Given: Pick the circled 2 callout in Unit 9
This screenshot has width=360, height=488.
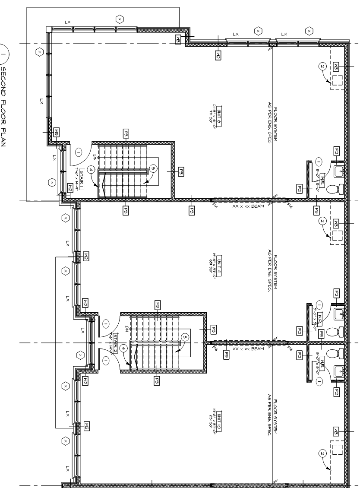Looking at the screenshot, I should click(x=322, y=221).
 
